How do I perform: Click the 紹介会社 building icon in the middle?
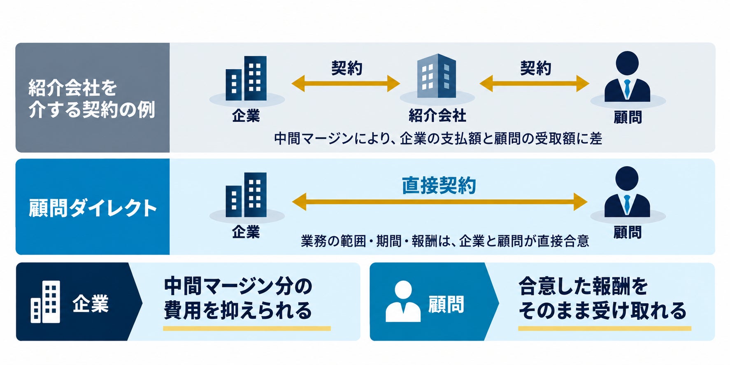pyautogui.click(x=437, y=76)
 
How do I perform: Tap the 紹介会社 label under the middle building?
pyautogui.click(x=437, y=116)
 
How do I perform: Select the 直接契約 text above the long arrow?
pyautogui.click(x=439, y=186)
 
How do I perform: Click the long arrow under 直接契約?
pyautogui.click(x=439, y=202)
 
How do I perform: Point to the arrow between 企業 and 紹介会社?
pyautogui.click(x=346, y=84)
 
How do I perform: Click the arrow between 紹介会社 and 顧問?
pyautogui.click(x=534, y=84)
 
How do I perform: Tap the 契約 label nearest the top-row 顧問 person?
pyautogui.click(x=535, y=68)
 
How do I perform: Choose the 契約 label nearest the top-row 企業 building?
pyautogui.click(x=346, y=68)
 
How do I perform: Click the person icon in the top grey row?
pyautogui.click(x=627, y=77)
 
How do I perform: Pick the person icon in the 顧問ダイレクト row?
pyautogui.click(x=627, y=192)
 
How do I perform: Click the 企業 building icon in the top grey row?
pyautogui.click(x=246, y=78)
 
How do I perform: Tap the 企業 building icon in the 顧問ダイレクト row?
pyautogui.click(x=246, y=195)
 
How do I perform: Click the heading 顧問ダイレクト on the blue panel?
pyautogui.click(x=93, y=208)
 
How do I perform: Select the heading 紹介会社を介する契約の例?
pyautogui.click(x=91, y=99)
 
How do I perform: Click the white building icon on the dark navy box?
pyautogui.click(x=45, y=302)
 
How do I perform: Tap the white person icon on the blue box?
pyautogui.click(x=403, y=301)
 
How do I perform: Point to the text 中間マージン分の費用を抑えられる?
pyautogui.click(x=238, y=298)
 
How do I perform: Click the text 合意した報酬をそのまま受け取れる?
pyautogui.click(x=602, y=298)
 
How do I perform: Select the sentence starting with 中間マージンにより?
pyautogui.click(x=438, y=139)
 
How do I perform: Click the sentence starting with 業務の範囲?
pyautogui.click(x=445, y=241)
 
